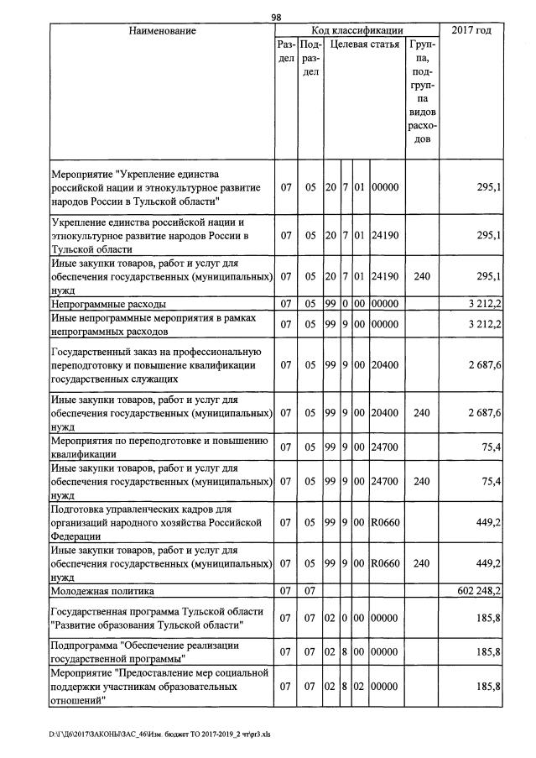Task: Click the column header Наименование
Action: (162, 31)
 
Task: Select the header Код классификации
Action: (356, 31)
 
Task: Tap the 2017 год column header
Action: (471, 31)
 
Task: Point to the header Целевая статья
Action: (364, 45)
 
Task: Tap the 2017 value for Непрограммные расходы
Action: (484, 303)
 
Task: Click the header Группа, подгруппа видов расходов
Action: (422, 88)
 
